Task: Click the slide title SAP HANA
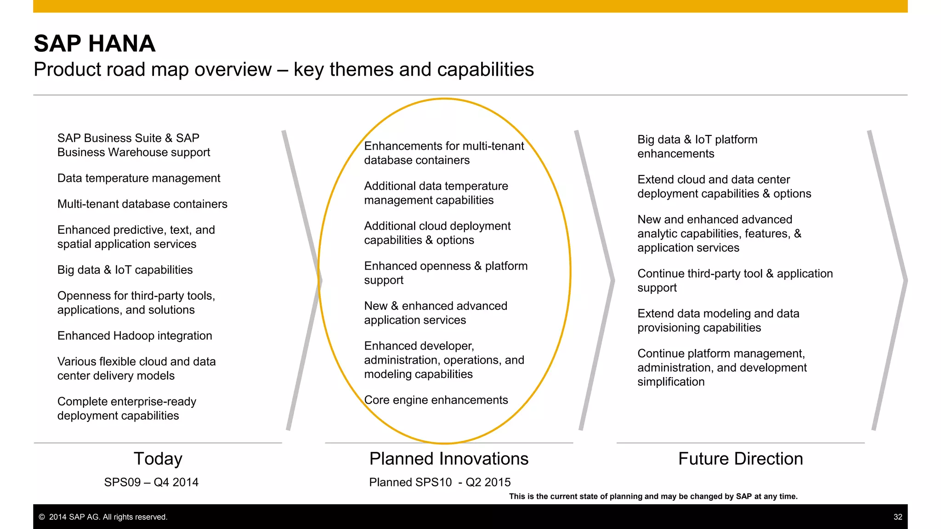tap(95, 44)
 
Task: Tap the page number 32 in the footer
tap(898, 517)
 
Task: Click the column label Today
tap(158, 459)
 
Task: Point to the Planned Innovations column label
tap(449, 459)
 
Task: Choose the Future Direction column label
tap(740, 459)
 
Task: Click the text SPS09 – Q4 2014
tap(151, 482)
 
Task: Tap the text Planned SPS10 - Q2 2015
tap(440, 482)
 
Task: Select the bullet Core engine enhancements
tap(436, 400)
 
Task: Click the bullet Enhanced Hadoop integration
tap(135, 336)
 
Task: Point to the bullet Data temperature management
tap(139, 178)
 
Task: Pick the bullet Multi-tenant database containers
tap(142, 204)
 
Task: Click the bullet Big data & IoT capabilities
tap(125, 270)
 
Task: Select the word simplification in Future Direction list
tap(671, 382)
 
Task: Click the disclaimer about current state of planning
tap(653, 496)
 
